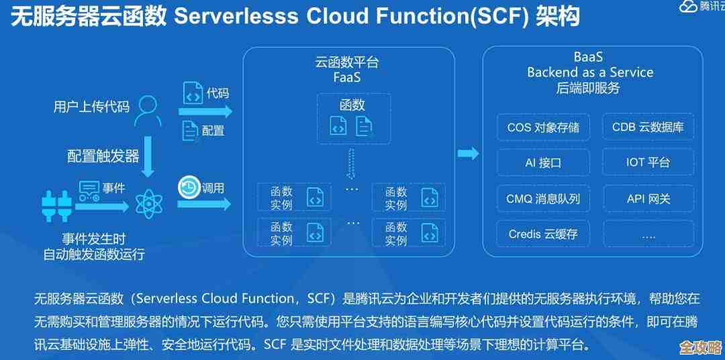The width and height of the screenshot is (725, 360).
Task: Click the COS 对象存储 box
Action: [x=543, y=127]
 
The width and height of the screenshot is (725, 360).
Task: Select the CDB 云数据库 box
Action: [x=648, y=127]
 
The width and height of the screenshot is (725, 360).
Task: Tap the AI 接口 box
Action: [x=543, y=163]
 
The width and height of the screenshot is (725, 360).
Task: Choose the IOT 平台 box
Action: [x=648, y=163]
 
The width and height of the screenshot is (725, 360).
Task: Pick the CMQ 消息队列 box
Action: [x=543, y=199]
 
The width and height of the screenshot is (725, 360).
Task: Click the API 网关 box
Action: [x=648, y=199]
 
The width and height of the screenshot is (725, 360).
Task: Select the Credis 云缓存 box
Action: [x=543, y=234]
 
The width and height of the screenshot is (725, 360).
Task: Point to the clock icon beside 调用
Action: [x=189, y=187]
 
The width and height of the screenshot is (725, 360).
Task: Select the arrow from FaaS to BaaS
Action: [x=468, y=154]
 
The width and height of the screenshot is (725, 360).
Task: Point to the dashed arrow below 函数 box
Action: [x=349, y=165]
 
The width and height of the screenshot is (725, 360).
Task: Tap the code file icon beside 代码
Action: [x=193, y=93]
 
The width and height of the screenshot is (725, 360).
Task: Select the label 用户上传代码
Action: [x=91, y=106]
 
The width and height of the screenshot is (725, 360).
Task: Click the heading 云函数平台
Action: [x=347, y=62]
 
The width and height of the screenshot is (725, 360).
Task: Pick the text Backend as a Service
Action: [x=589, y=73]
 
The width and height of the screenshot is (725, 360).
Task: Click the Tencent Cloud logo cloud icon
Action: [x=688, y=7]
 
